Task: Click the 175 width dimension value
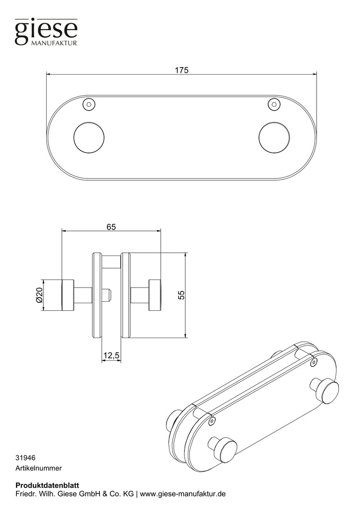[182, 70]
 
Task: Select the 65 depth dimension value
[111, 227]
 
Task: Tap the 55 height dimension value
[181, 295]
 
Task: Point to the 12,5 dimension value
[111, 356]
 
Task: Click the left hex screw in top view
[89, 104]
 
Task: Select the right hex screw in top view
[274, 104]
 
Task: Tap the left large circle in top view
[89, 137]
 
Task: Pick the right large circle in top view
[274, 137]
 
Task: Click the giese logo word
[46, 31]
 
